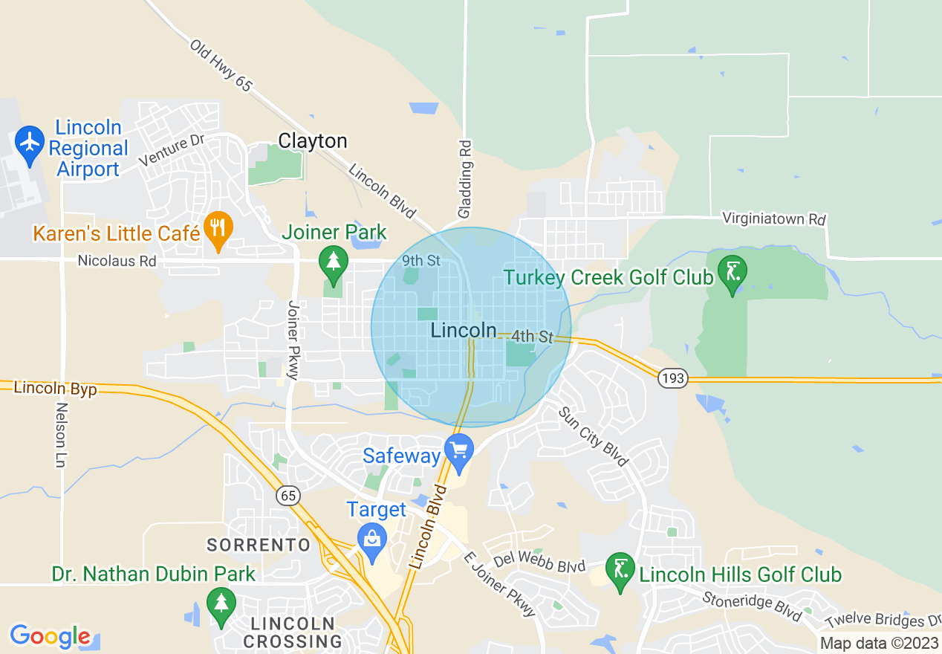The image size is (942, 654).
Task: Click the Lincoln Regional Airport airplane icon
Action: pos(30,141)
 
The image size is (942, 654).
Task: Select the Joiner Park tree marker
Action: pos(334,262)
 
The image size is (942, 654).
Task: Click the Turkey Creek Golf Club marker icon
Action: pos(733,272)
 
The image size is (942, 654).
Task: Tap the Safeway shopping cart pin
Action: pos(459,451)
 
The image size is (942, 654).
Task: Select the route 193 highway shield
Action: pos(673,378)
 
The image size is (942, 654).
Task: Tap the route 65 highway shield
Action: pos(287,495)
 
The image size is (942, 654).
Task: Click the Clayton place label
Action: pos(313,141)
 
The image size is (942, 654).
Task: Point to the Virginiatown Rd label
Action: pos(774,219)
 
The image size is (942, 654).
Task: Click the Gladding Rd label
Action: pos(465,179)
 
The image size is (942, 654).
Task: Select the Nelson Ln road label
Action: pos(62,435)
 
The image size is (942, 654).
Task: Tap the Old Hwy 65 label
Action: pos(221,65)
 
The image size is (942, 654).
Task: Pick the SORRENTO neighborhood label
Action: pos(259,545)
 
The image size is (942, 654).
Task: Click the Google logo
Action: pos(51,636)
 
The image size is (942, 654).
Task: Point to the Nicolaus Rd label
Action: pos(117,261)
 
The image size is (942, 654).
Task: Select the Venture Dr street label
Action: pos(171,149)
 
